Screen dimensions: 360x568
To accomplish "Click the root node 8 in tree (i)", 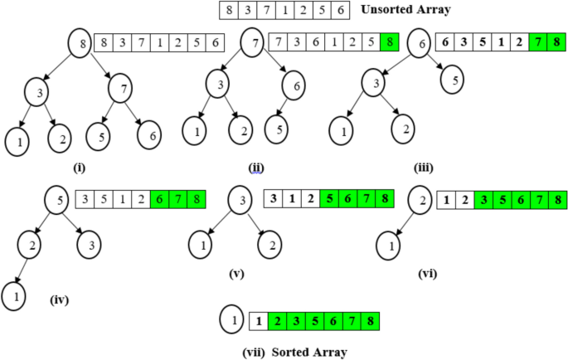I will (80, 43).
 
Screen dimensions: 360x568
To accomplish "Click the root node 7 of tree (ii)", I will (253, 43).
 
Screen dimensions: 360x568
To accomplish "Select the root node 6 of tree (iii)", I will (419, 43).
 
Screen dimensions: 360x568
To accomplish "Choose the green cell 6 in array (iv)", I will (161, 200).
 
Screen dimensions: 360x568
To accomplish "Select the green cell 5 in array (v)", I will (330, 200).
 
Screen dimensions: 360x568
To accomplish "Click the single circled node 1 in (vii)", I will (233, 319).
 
